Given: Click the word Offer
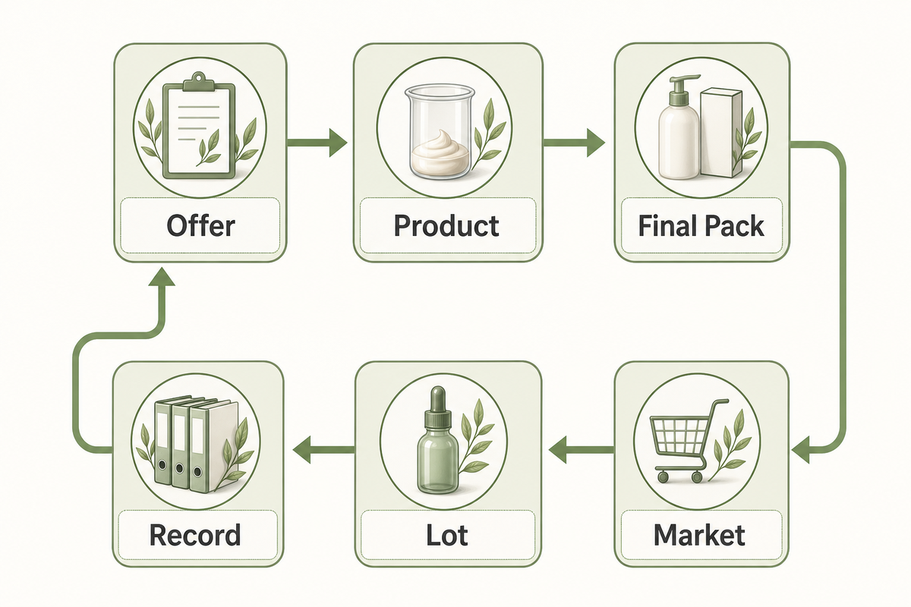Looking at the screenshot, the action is click(x=201, y=226).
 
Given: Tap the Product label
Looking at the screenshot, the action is click(x=446, y=225).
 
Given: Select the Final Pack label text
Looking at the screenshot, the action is click(x=701, y=225).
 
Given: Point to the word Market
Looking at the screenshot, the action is click(x=699, y=535).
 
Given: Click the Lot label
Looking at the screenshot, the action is click(x=447, y=535).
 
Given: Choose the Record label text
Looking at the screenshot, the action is click(x=195, y=535).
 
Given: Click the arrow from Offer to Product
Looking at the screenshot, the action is click(x=317, y=143).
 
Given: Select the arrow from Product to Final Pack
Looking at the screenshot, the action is click(x=574, y=143).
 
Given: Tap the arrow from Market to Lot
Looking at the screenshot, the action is click(x=582, y=449).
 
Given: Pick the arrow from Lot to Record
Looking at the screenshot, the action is click(x=323, y=449).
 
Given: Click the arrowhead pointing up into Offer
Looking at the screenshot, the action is click(x=162, y=276).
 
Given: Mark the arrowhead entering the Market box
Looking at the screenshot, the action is click(x=800, y=449).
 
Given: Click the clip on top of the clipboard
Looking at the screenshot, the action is click(x=198, y=83).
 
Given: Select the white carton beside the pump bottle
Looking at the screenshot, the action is click(x=720, y=133).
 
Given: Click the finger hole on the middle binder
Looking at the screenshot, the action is click(x=179, y=469).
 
